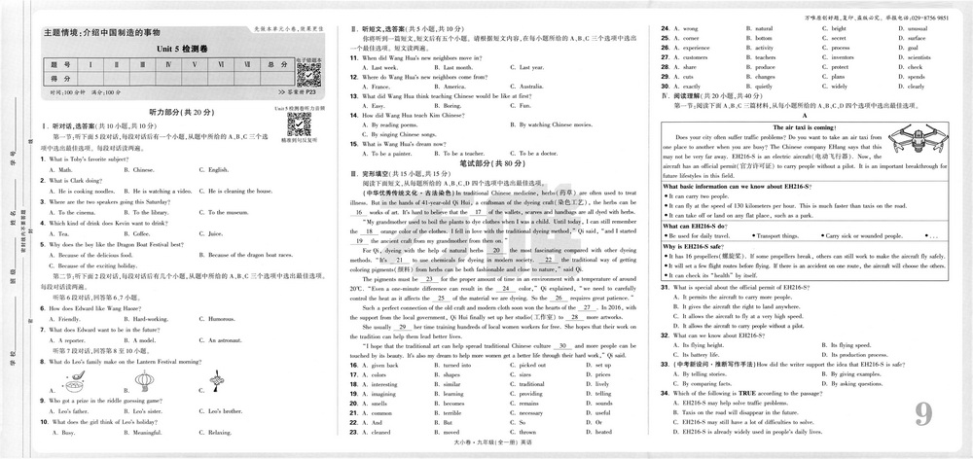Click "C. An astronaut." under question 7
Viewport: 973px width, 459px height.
pos(220,340)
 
